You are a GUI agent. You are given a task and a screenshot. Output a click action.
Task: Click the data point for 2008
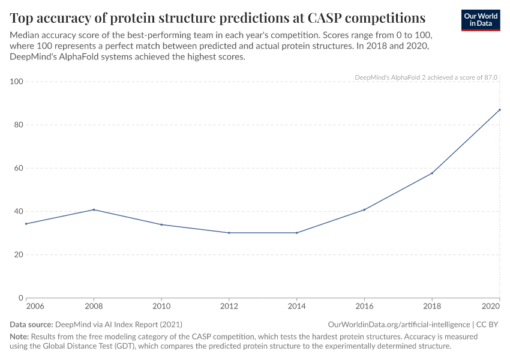pos(94,209)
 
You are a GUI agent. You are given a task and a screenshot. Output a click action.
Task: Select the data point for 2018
pos(432,173)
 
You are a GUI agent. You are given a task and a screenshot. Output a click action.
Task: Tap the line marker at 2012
pos(229,233)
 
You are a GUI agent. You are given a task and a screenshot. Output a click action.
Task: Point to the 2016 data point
pos(364,209)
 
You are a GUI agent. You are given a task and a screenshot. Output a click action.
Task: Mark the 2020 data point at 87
pos(499,110)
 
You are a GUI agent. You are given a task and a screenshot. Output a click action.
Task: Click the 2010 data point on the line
pos(161,224)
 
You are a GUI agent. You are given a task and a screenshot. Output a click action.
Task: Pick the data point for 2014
pos(296,233)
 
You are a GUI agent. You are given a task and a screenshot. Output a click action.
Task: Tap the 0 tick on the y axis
pos(20,298)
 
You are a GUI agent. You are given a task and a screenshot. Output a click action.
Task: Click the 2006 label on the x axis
pos(34,307)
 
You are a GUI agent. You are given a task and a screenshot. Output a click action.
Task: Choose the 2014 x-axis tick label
pos(296,307)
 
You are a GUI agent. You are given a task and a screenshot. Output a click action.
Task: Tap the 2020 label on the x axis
pos(491,307)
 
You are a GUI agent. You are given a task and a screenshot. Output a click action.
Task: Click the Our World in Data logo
pos(481,19)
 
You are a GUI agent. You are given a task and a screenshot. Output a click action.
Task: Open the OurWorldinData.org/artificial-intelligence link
pos(398,324)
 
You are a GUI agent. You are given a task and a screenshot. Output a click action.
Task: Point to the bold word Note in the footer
pos(19,337)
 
